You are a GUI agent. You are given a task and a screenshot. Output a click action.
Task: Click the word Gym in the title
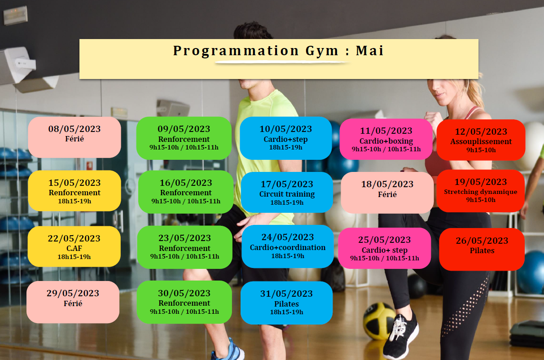[x=321, y=52]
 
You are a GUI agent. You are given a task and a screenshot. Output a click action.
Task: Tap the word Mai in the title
[x=370, y=51]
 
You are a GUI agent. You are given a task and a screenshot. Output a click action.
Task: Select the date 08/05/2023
[x=75, y=129]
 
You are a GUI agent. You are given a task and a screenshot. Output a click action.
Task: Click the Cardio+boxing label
[x=386, y=141]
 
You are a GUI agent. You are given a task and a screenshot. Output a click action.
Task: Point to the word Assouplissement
[x=481, y=141]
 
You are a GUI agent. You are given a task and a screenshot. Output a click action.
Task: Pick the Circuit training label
[x=287, y=194]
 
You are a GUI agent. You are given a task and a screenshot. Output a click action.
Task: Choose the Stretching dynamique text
[x=481, y=192]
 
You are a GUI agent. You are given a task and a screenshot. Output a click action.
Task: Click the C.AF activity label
[x=74, y=248]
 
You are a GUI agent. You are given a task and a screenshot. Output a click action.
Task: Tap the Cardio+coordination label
[x=288, y=247]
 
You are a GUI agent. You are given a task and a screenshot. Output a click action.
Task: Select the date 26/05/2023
[x=482, y=241]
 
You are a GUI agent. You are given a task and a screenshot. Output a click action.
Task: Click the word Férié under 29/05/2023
[x=73, y=303]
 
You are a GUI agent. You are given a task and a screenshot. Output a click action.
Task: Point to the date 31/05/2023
[x=286, y=294]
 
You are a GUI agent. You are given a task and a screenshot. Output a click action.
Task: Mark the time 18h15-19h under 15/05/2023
[x=75, y=201]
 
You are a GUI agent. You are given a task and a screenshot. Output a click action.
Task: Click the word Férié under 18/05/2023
[x=387, y=194]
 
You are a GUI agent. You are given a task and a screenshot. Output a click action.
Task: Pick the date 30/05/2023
[x=184, y=293]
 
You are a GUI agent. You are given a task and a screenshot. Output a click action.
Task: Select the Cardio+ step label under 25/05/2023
[x=385, y=250]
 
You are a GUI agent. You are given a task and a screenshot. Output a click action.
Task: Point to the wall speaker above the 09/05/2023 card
[x=173, y=108]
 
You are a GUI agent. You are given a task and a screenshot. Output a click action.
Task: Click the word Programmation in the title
[x=236, y=52]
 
